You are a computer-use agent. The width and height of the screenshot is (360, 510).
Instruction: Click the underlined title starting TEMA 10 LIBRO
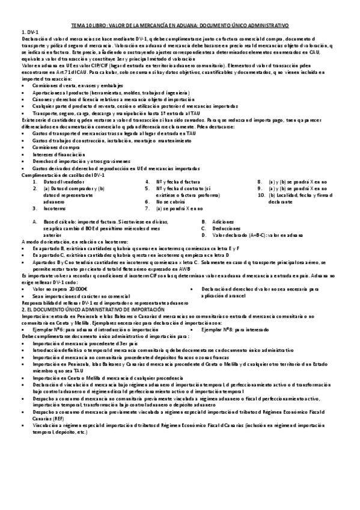180,26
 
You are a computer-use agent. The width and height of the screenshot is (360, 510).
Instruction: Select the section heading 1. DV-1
29,31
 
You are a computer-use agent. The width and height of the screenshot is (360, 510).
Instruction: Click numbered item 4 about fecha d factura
177,181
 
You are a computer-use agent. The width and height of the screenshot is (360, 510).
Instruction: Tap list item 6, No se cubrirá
171,201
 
